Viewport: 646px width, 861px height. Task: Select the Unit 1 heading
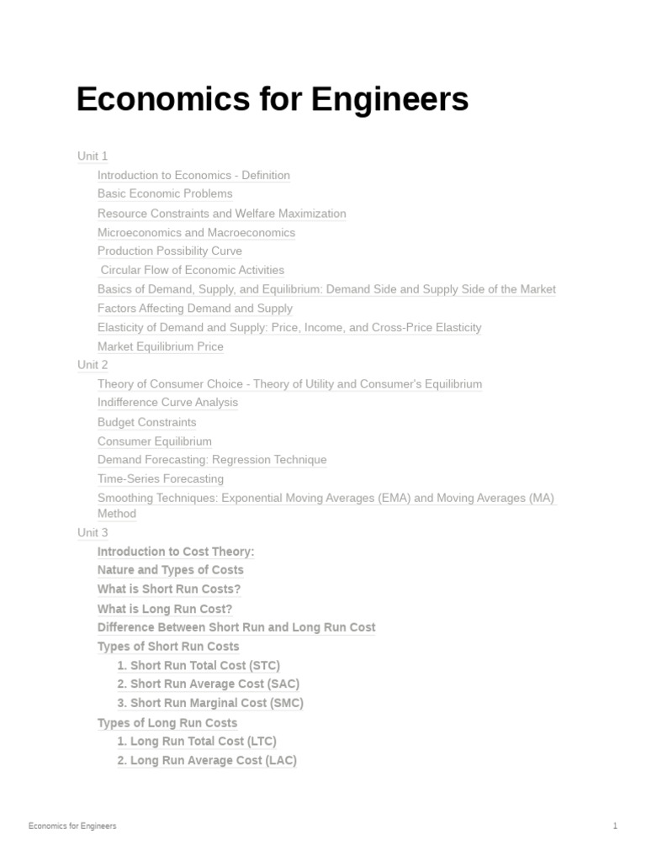tap(93, 156)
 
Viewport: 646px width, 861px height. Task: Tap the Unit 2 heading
tap(93, 365)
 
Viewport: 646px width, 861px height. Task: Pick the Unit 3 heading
tap(93, 532)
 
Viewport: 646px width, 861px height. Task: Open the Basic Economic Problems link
tap(165, 193)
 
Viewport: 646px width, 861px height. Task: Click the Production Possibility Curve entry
tap(169, 251)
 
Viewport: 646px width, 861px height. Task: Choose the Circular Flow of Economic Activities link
tap(192, 270)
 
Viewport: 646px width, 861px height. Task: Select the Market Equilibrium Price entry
tap(160, 346)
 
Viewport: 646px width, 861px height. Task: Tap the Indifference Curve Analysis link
tap(167, 402)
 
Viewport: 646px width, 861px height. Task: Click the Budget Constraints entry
tap(146, 422)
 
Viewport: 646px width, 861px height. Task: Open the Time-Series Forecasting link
tap(160, 478)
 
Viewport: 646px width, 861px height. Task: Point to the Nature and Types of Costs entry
tap(170, 570)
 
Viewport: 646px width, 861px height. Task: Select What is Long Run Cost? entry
tap(165, 609)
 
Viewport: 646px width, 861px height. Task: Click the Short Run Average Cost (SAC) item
tap(208, 684)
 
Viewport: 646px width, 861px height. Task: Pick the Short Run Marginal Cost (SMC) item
tap(210, 703)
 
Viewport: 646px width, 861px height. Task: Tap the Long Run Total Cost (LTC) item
tap(197, 741)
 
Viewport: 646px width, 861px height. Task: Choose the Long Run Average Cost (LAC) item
tap(207, 760)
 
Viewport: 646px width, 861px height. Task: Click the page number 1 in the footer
tap(615, 826)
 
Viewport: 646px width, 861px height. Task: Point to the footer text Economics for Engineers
tap(72, 826)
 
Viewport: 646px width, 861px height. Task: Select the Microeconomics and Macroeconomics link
tap(196, 232)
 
